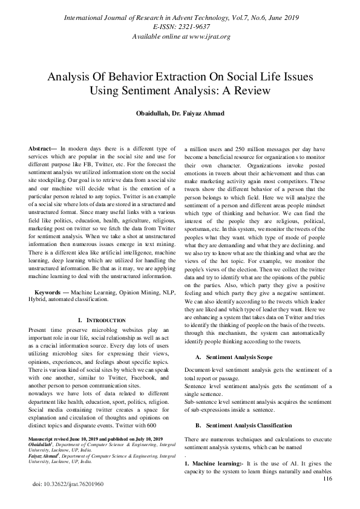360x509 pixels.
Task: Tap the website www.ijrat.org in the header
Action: click(x=205, y=37)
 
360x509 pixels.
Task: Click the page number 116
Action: click(x=328, y=479)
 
